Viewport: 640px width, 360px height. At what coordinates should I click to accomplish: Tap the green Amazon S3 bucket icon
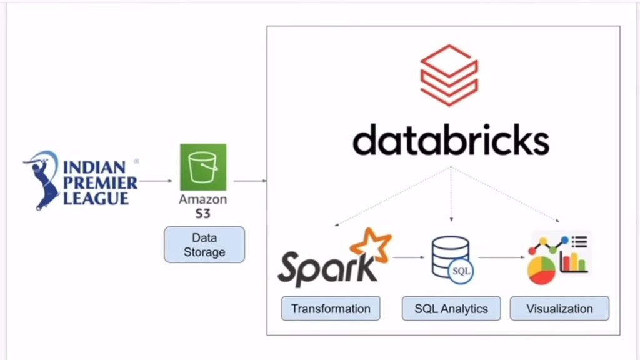pos(203,167)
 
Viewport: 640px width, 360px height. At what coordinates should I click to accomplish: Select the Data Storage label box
pos(204,244)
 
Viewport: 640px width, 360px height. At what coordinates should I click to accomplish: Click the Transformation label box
pos(331,309)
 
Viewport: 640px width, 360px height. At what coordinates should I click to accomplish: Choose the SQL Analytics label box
pos(451,309)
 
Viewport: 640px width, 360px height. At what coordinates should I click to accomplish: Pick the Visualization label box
pos(559,309)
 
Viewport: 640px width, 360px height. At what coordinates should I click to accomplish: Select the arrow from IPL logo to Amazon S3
pos(156,181)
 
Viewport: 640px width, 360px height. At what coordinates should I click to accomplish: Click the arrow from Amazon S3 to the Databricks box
pos(250,181)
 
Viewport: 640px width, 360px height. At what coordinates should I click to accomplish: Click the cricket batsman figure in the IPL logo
pos(44,178)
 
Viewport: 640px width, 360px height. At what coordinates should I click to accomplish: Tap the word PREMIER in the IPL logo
pos(100,183)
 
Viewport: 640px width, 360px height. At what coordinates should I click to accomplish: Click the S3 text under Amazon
pos(203,214)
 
